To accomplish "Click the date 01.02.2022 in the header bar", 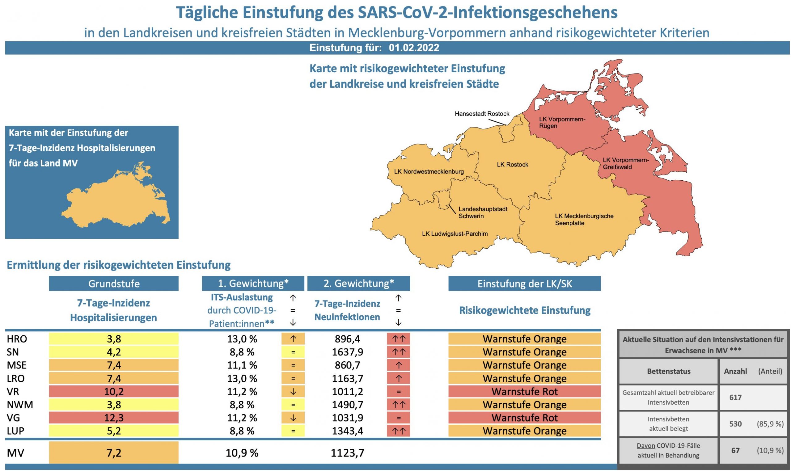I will pos(414,48).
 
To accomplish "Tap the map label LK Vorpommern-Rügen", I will pos(562,123).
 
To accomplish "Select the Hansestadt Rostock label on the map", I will pos(481,114).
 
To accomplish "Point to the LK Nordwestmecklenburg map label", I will pos(429,172).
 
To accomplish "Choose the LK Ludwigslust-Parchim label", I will pos(455,234).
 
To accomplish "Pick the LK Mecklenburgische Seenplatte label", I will pos(584,219).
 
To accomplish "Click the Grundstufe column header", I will pos(114,284).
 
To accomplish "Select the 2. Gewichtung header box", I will pos(359,284).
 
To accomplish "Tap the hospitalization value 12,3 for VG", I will pos(114,418).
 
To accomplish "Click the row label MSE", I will pos(17,365).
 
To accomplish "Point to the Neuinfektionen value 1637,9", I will pos(347,352).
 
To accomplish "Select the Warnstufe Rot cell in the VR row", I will pos(524,392).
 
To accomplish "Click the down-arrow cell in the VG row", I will pos(293,418).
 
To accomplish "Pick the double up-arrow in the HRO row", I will pos(398,339).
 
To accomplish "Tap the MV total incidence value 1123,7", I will pos(347,453).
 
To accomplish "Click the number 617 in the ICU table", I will pos(735,397).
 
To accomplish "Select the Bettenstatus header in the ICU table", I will pos(668,371).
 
